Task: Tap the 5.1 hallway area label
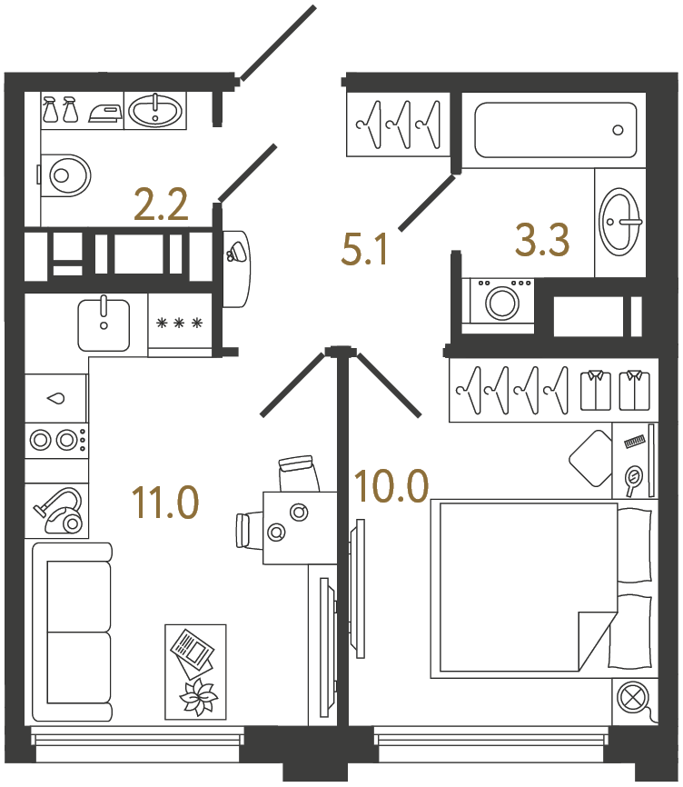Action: point(365,247)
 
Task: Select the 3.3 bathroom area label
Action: point(542,242)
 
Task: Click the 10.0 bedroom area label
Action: point(391,487)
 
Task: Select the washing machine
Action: point(500,300)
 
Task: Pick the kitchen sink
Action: point(104,324)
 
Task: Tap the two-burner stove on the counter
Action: point(56,441)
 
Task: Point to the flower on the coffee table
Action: point(197,697)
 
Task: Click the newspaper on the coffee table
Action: point(193,650)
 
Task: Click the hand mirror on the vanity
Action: point(633,477)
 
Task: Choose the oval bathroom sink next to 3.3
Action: point(621,221)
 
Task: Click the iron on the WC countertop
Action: point(105,112)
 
